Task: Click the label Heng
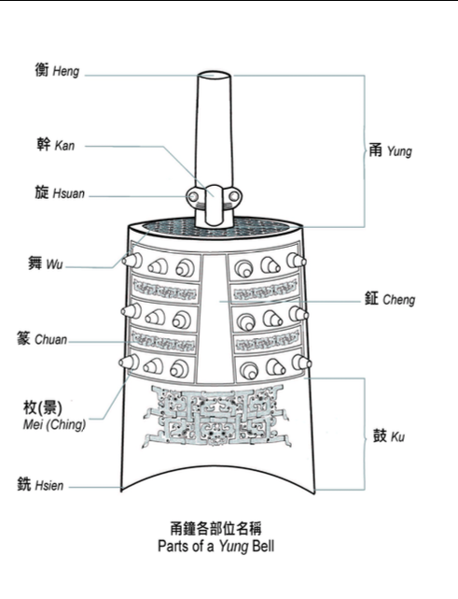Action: click(x=66, y=71)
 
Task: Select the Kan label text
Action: click(x=64, y=146)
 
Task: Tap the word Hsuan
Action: click(x=69, y=193)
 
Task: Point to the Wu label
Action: click(x=54, y=264)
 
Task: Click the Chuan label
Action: click(x=50, y=339)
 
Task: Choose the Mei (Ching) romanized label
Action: click(x=54, y=424)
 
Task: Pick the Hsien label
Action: click(x=49, y=486)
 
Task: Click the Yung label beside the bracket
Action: click(x=399, y=151)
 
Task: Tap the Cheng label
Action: click(x=399, y=300)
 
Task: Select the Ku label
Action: click(x=397, y=437)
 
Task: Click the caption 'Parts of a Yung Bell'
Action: click(x=215, y=546)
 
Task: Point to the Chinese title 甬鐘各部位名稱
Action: click(x=215, y=529)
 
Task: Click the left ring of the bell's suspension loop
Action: click(x=192, y=196)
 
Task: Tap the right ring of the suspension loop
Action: click(x=234, y=196)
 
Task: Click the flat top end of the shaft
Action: click(x=214, y=76)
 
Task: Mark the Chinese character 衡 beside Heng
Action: click(x=42, y=70)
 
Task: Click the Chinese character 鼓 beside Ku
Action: click(x=380, y=435)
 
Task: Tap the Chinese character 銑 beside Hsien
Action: click(x=24, y=484)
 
